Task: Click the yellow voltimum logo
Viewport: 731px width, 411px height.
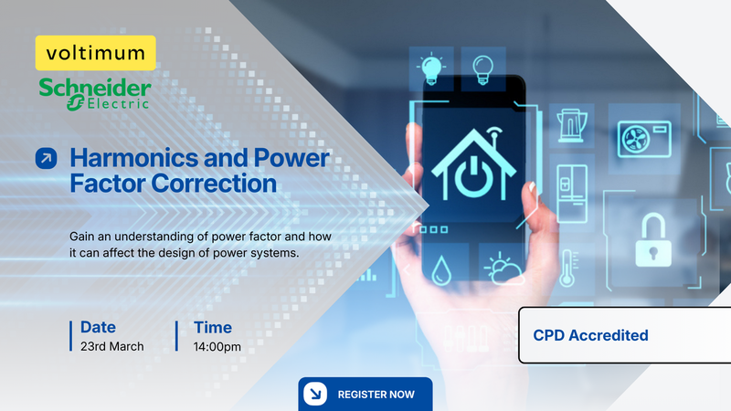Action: (95, 54)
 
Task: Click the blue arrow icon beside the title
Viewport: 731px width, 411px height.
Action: (46, 159)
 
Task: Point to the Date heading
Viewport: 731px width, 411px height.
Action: (98, 327)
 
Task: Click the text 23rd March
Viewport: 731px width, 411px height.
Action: (111, 347)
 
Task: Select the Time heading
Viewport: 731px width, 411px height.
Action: (212, 327)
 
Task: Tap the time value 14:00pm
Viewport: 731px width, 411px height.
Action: (217, 347)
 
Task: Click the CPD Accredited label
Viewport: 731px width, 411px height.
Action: (590, 335)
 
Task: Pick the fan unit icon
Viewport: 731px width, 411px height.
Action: (644, 138)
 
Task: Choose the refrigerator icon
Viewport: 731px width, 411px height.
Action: (573, 186)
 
